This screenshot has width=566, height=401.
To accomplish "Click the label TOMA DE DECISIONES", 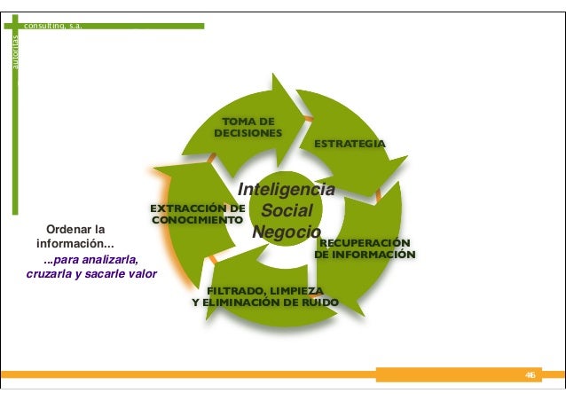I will coord(248,127).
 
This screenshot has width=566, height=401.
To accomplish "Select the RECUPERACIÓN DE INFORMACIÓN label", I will coord(365,248).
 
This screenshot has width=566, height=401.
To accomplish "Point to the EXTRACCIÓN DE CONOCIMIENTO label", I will coord(198,213).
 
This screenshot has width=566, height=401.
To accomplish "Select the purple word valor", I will coord(143,273).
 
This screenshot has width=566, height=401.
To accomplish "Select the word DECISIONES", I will coord(248,133).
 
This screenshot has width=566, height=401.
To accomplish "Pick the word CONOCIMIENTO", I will coord(198,218).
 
